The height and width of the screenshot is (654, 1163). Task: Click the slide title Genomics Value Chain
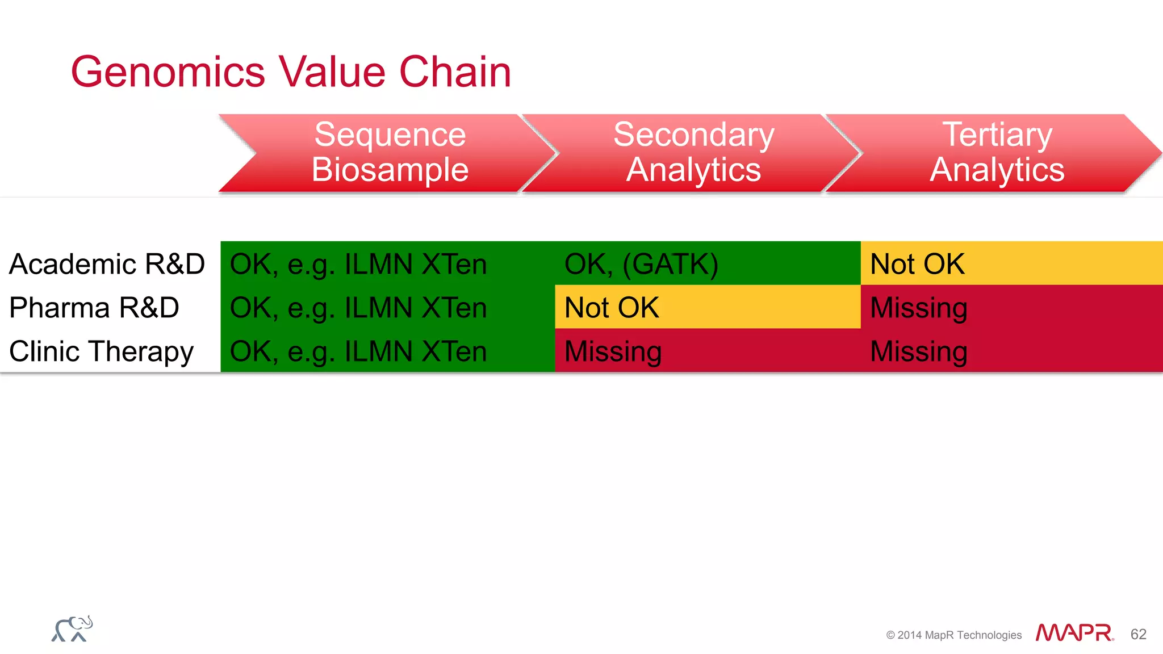(x=291, y=72)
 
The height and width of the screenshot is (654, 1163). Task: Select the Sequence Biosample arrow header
(x=390, y=152)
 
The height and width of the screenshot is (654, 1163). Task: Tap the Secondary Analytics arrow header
(x=693, y=152)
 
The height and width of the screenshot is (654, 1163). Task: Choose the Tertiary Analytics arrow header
(x=997, y=152)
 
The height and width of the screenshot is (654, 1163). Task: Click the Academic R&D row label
(x=107, y=264)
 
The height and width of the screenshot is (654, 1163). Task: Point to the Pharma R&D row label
(x=94, y=308)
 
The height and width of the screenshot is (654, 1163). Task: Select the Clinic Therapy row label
(x=101, y=351)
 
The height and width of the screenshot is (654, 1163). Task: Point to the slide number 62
(x=1138, y=634)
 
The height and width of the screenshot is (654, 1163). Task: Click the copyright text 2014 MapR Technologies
(x=954, y=635)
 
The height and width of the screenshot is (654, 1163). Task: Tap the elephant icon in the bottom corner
(x=72, y=629)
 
